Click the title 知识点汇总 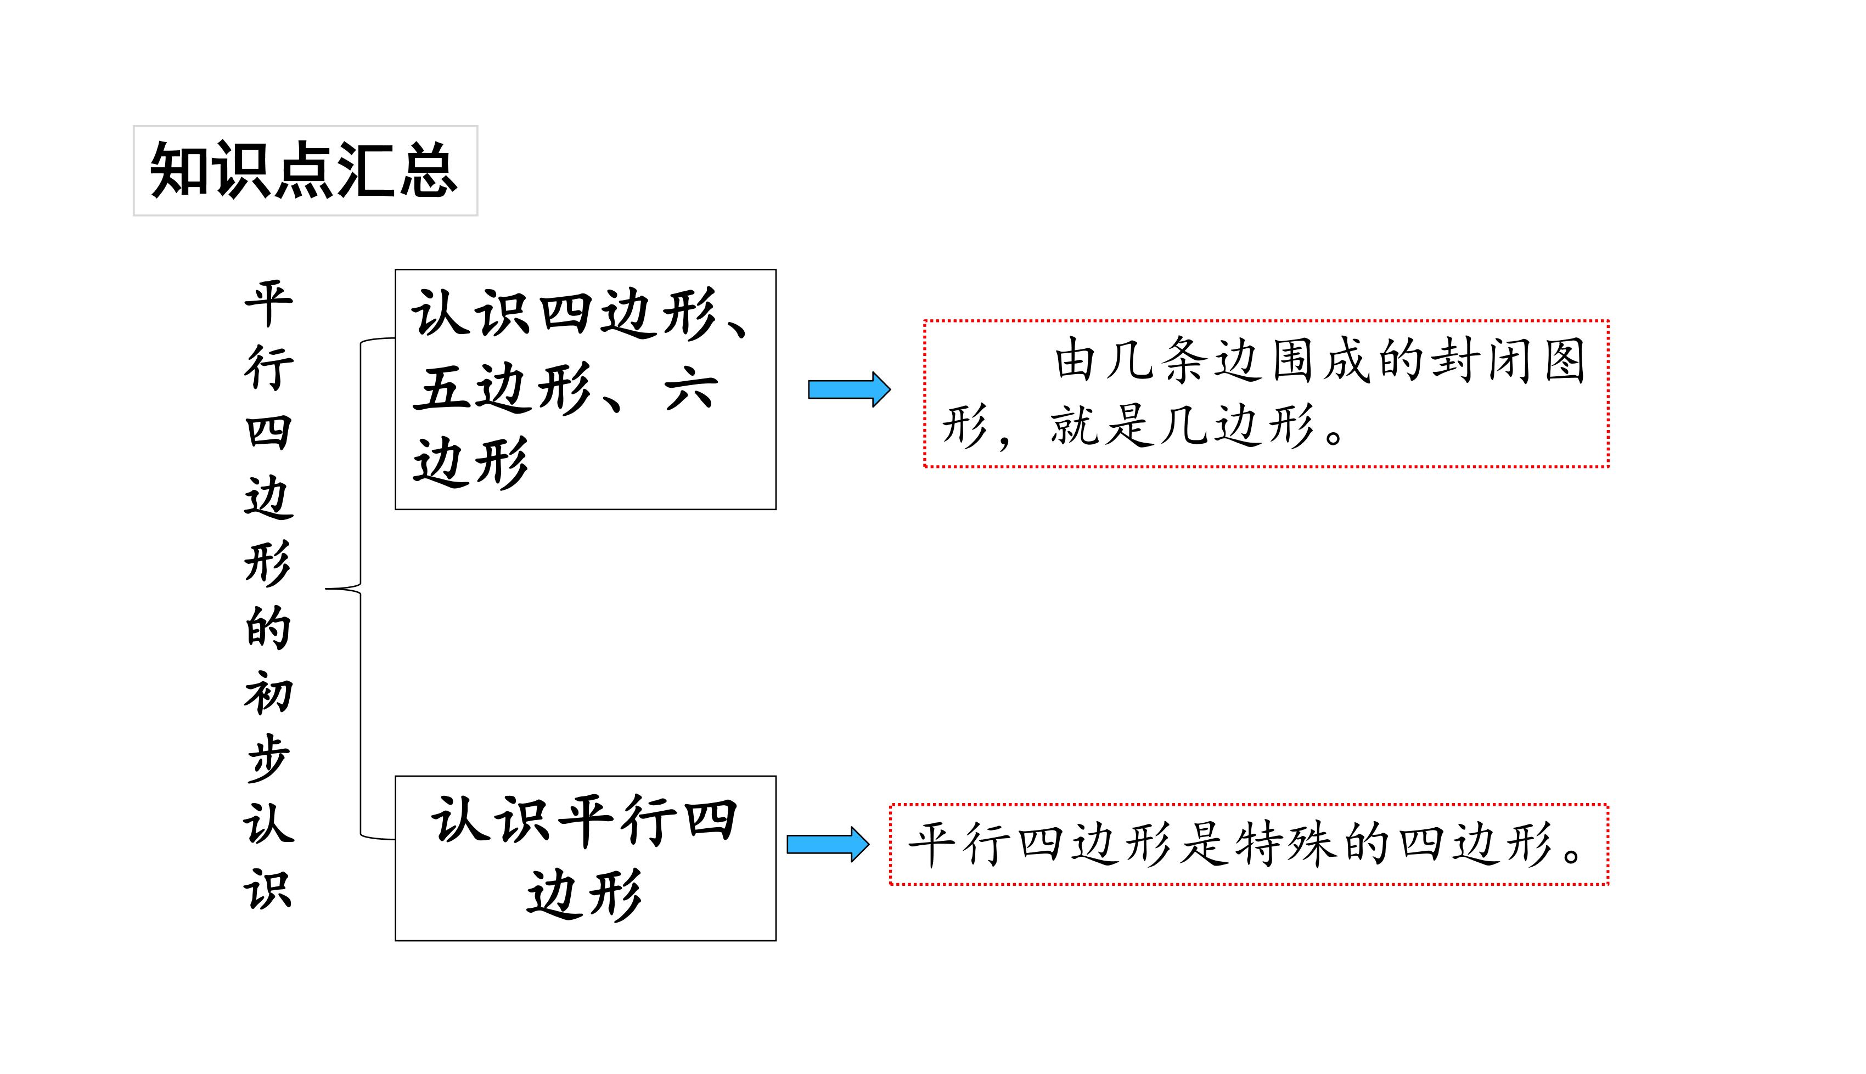[x=304, y=171]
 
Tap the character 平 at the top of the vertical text [x=268, y=303]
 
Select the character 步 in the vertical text [x=268, y=758]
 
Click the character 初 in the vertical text [x=268, y=693]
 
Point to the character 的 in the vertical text [x=268, y=629]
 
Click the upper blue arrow [x=849, y=389]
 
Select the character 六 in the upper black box [x=690, y=389]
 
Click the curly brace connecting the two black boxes [x=360, y=589]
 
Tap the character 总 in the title [x=428, y=171]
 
